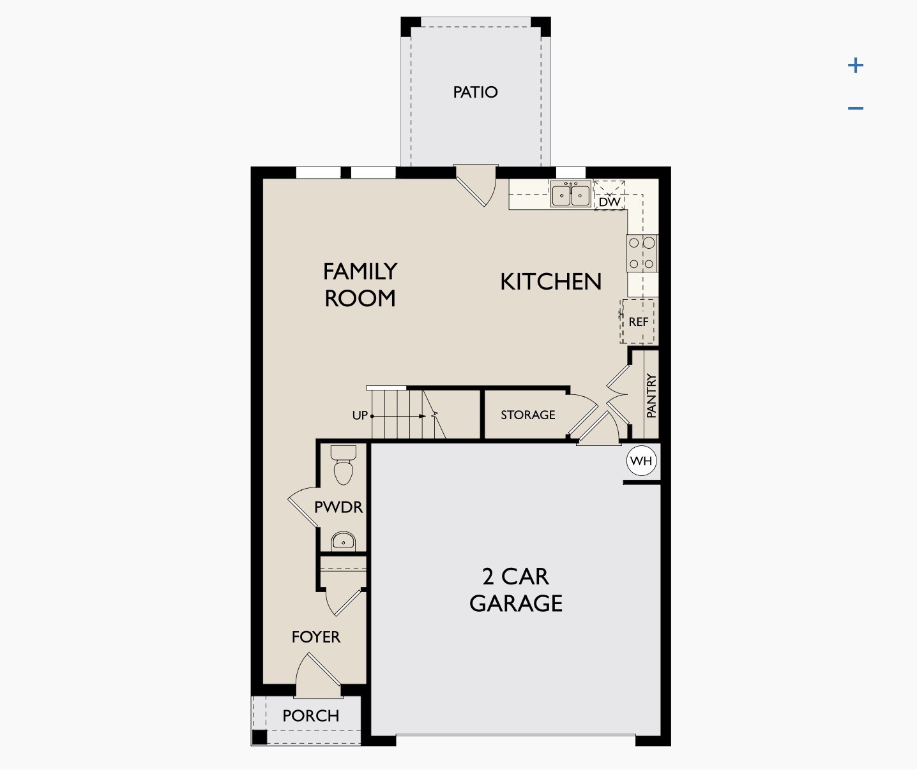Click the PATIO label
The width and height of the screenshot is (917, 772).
(x=475, y=93)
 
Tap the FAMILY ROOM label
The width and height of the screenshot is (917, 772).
(x=360, y=285)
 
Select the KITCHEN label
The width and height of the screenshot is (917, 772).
(x=550, y=281)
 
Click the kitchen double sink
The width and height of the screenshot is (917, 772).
(x=571, y=194)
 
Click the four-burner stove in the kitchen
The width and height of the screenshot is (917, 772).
(x=642, y=253)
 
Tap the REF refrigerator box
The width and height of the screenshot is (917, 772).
(x=639, y=322)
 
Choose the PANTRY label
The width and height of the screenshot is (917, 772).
(x=651, y=396)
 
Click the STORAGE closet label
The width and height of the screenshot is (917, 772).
(x=527, y=415)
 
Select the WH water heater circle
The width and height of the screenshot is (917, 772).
(x=642, y=461)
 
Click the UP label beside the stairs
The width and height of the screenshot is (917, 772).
(x=360, y=416)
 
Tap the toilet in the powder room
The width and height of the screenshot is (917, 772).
(x=344, y=466)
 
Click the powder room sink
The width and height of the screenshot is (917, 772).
(x=344, y=542)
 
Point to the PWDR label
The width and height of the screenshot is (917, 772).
(x=338, y=507)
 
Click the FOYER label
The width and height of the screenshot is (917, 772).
(x=315, y=637)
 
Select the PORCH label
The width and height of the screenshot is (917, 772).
(x=311, y=716)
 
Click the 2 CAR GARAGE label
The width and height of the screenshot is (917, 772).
(x=516, y=590)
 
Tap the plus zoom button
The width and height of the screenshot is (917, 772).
(x=856, y=65)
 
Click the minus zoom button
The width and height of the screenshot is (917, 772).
(x=856, y=108)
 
